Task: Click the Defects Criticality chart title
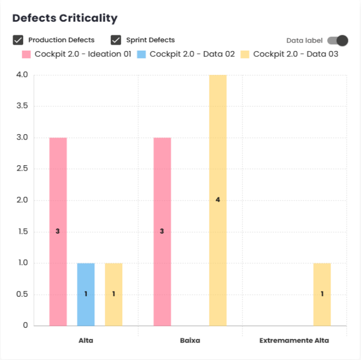64,18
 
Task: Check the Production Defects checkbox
18,40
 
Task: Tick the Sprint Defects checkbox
116,40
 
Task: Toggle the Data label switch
338,41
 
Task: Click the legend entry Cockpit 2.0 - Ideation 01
76,54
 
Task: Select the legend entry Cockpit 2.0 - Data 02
186,54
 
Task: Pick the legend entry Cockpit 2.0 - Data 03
289,54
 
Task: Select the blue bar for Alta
86,294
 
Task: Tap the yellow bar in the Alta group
113,294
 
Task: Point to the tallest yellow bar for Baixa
218,158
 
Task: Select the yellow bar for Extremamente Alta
322,294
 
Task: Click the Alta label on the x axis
86,341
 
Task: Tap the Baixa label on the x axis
190,341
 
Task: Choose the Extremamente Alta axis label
294,341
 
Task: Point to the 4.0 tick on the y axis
22,75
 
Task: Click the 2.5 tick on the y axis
22,169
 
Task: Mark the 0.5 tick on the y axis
22,294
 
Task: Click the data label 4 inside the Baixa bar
218,200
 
